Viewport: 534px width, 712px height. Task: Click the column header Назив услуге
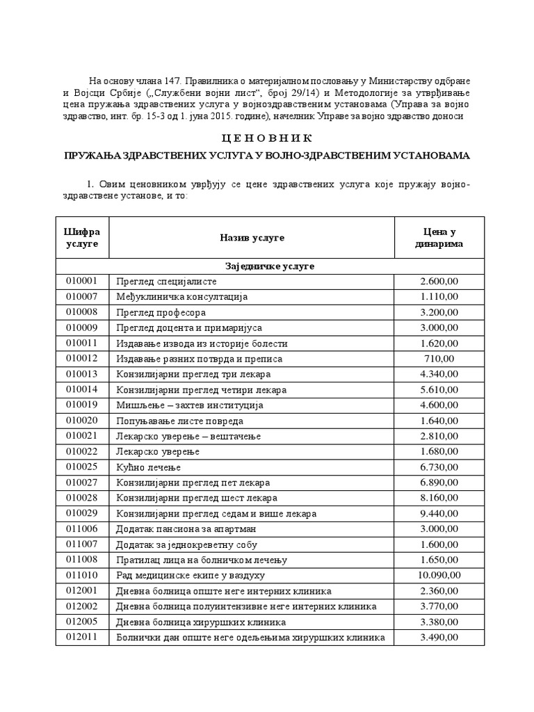pos(252,238)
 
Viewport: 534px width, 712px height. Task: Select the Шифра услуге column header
pos(82,238)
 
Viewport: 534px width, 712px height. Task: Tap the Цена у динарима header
pos(439,238)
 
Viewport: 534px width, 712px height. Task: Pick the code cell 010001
pos(82,282)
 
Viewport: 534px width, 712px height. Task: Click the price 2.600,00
pos(439,282)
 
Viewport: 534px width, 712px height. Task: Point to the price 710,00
pos(439,359)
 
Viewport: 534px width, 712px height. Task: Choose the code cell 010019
pos(82,405)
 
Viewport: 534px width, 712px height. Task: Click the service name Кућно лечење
pos(147,467)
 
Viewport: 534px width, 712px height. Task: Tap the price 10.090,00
pos(439,576)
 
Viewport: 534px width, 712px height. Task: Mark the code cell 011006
pos(82,529)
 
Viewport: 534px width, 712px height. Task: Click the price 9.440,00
pos(439,514)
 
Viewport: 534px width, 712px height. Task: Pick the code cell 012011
pos(82,638)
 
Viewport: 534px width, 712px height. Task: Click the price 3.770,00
pos(439,607)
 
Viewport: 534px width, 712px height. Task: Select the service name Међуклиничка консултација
pos(181,297)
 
